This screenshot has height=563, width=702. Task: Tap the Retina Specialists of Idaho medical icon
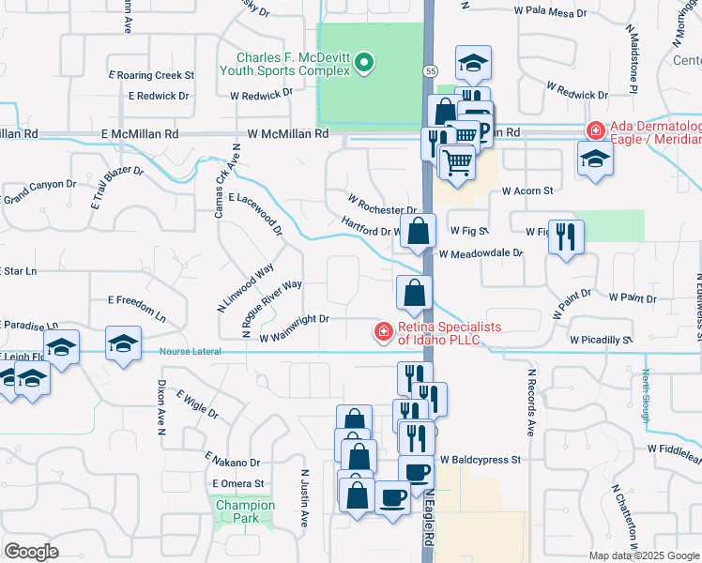382,331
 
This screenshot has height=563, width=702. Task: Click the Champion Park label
245,511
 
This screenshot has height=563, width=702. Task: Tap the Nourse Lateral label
191,351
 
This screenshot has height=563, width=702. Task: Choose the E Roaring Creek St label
151,74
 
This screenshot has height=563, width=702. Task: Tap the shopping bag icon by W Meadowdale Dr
419,230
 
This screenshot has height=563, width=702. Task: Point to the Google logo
31,551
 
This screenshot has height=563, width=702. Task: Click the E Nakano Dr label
232,463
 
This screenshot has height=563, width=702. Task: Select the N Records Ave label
530,415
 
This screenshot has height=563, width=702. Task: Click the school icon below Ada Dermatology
595,160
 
